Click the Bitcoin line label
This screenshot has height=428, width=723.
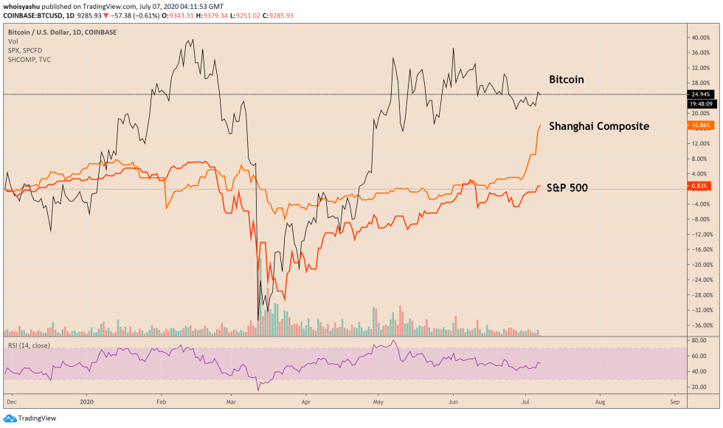pos(567,79)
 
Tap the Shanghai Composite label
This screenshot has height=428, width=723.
pos(598,126)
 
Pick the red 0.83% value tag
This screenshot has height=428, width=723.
pos(699,185)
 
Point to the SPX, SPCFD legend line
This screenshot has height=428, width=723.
pos(26,51)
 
